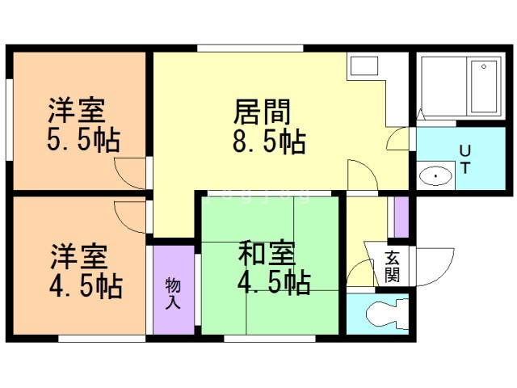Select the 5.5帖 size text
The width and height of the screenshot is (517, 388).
pyautogui.click(x=83, y=141)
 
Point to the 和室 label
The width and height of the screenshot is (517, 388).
pyautogui.click(x=266, y=253)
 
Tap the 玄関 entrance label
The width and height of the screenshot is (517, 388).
pyautogui.click(x=392, y=266)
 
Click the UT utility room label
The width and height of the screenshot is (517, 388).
pyautogui.click(x=465, y=158)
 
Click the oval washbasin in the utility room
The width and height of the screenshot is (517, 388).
pyautogui.click(x=436, y=175)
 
